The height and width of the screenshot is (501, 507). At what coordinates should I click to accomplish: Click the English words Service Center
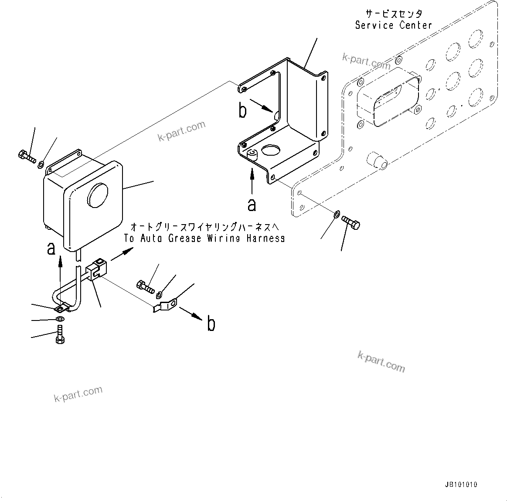click(393, 25)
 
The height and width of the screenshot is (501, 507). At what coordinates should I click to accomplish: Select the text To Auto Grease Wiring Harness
click(204, 238)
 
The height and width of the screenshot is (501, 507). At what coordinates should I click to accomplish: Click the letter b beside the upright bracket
click(242, 111)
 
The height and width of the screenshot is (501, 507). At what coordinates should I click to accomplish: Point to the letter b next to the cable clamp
click(211, 324)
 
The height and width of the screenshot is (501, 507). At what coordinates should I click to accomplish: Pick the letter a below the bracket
click(252, 204)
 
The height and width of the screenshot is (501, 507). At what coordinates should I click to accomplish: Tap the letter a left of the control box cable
click(51, 248)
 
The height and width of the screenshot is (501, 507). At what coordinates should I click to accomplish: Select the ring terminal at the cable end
click(61, 309)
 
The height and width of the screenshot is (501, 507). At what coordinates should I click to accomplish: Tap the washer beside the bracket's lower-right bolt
click(337, 214)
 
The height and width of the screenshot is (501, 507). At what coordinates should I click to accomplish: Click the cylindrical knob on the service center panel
click(378, 160)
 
